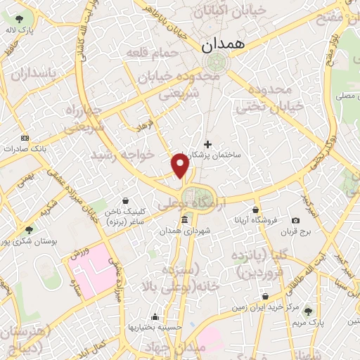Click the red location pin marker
point(181,165)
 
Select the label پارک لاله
point(20,31)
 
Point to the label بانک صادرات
point(24,149)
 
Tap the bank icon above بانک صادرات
point(25,138)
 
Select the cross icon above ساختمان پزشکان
point(207,144)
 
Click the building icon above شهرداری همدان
point(184,220)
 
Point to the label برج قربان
point(295,231)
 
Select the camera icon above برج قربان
point(295,220)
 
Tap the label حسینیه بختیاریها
point(154,328)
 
